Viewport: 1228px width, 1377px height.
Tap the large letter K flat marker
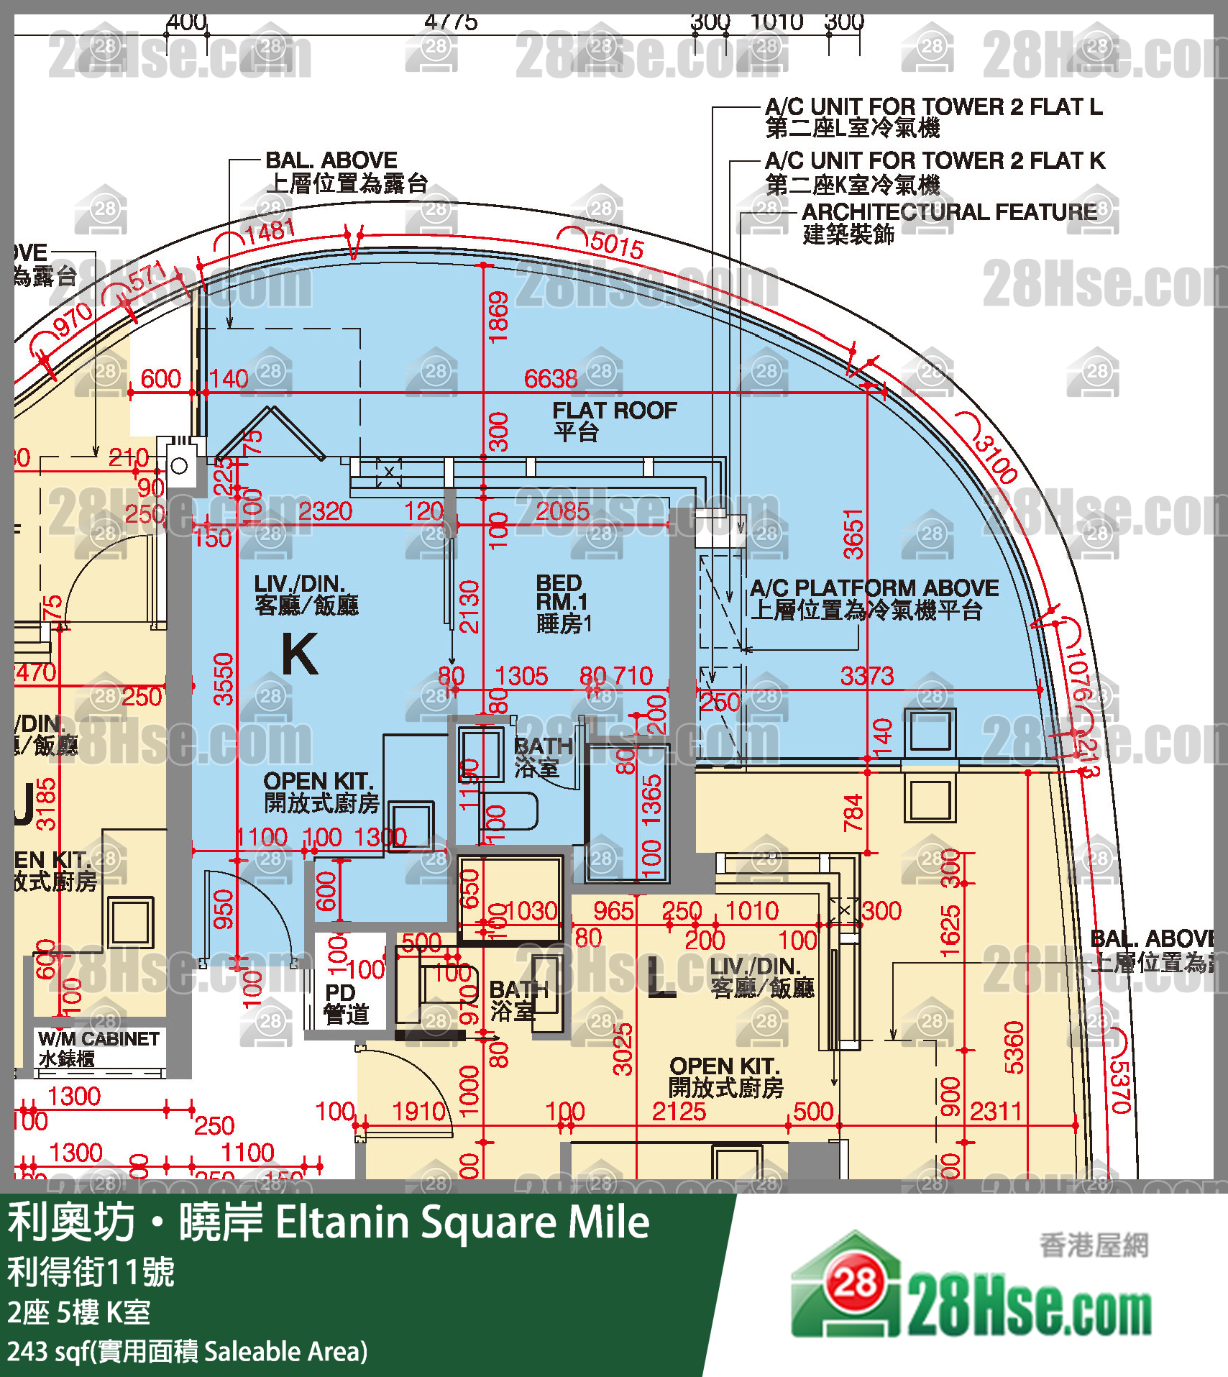[x=300, y=654]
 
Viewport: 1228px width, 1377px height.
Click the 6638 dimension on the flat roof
[x=551, y=379]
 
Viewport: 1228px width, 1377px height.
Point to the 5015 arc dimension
[x=616, y=244]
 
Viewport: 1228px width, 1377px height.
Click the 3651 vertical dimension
[x=853, y=534]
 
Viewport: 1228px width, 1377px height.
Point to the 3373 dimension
[x=867, y=676]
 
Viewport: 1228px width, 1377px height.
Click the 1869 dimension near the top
[x=498, y=317]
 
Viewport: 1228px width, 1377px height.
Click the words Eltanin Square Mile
[x=462, y=1222]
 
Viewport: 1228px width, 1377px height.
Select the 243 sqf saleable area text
[x=187, y=1352]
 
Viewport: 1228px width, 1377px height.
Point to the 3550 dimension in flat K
[x=224, y=679]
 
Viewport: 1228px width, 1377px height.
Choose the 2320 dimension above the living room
[x=325, y=511]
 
